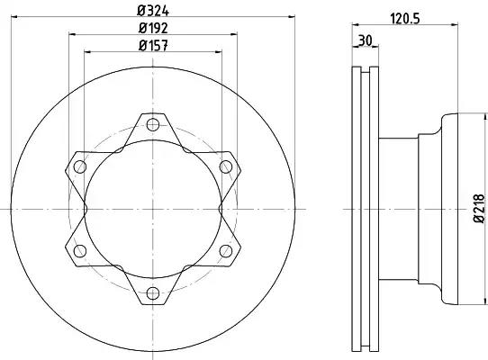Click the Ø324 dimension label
pyautogui.click(x=153, y=11)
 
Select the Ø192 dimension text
pyautogui.click(x=153, y=28)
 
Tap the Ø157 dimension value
pyautogui.click(x=153, y=46)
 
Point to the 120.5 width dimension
pyautogui.click(x=405, y=19)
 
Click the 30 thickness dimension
pyautogui.click(x=366, y=40)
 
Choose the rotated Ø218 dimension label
pyautogui.click(x=479, y=209)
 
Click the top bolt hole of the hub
pyautogui.click(x=153, y=125)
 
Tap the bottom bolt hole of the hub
pyautogui.click(x=153, y=293)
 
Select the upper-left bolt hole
pyautogui.click(x=80, y=166)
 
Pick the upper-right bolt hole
pyautogui.click(x=226, y=166)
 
